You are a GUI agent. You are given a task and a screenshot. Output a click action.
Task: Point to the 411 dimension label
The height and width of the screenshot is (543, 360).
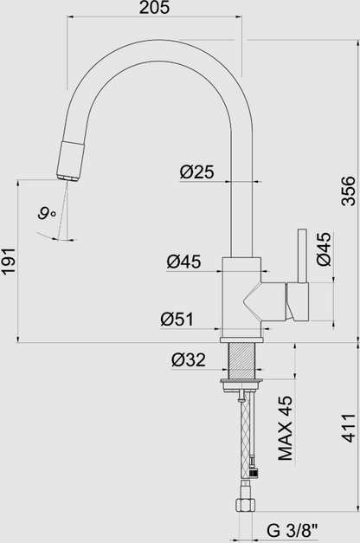point(348,430)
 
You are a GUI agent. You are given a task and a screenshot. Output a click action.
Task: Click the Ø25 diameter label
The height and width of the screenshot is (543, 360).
point(197,172)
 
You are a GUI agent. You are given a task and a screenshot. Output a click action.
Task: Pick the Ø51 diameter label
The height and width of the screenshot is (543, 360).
point(177,319)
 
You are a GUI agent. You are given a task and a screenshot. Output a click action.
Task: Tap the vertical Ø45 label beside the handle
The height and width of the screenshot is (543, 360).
point(322,249)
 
